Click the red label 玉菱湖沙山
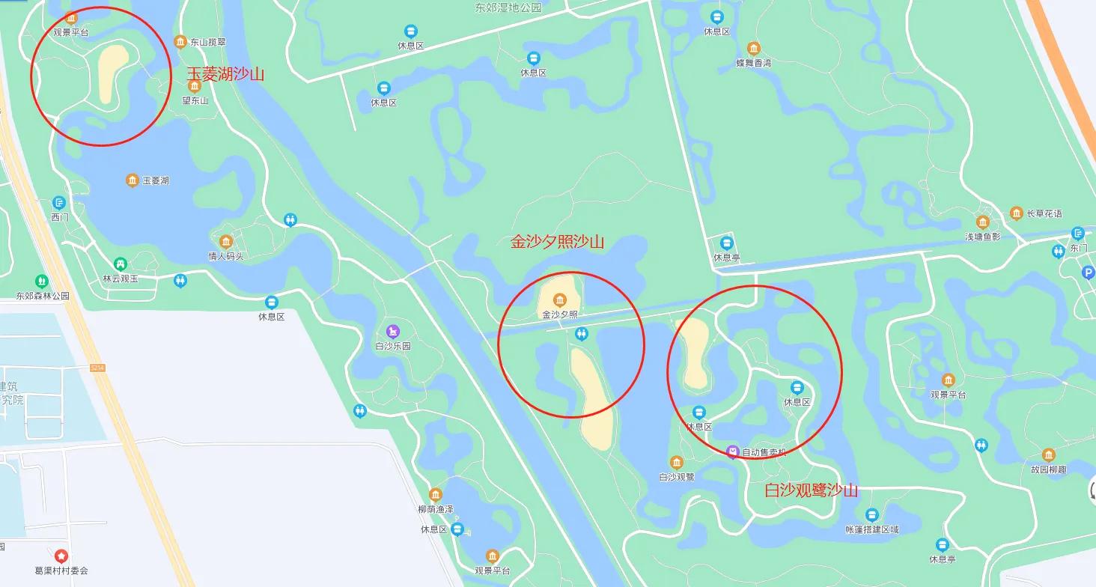225,74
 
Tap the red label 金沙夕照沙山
557,242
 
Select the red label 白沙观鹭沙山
811,490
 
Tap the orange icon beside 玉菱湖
133,180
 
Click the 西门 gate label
60,217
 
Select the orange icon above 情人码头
226,242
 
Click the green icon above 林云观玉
120,264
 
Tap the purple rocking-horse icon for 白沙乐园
393,331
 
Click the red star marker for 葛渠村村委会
61,556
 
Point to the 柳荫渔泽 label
436,509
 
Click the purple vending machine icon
734,451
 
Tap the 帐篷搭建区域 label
871,529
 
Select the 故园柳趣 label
1048,469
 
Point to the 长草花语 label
1044,213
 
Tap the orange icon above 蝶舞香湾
753,49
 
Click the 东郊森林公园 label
43,296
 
